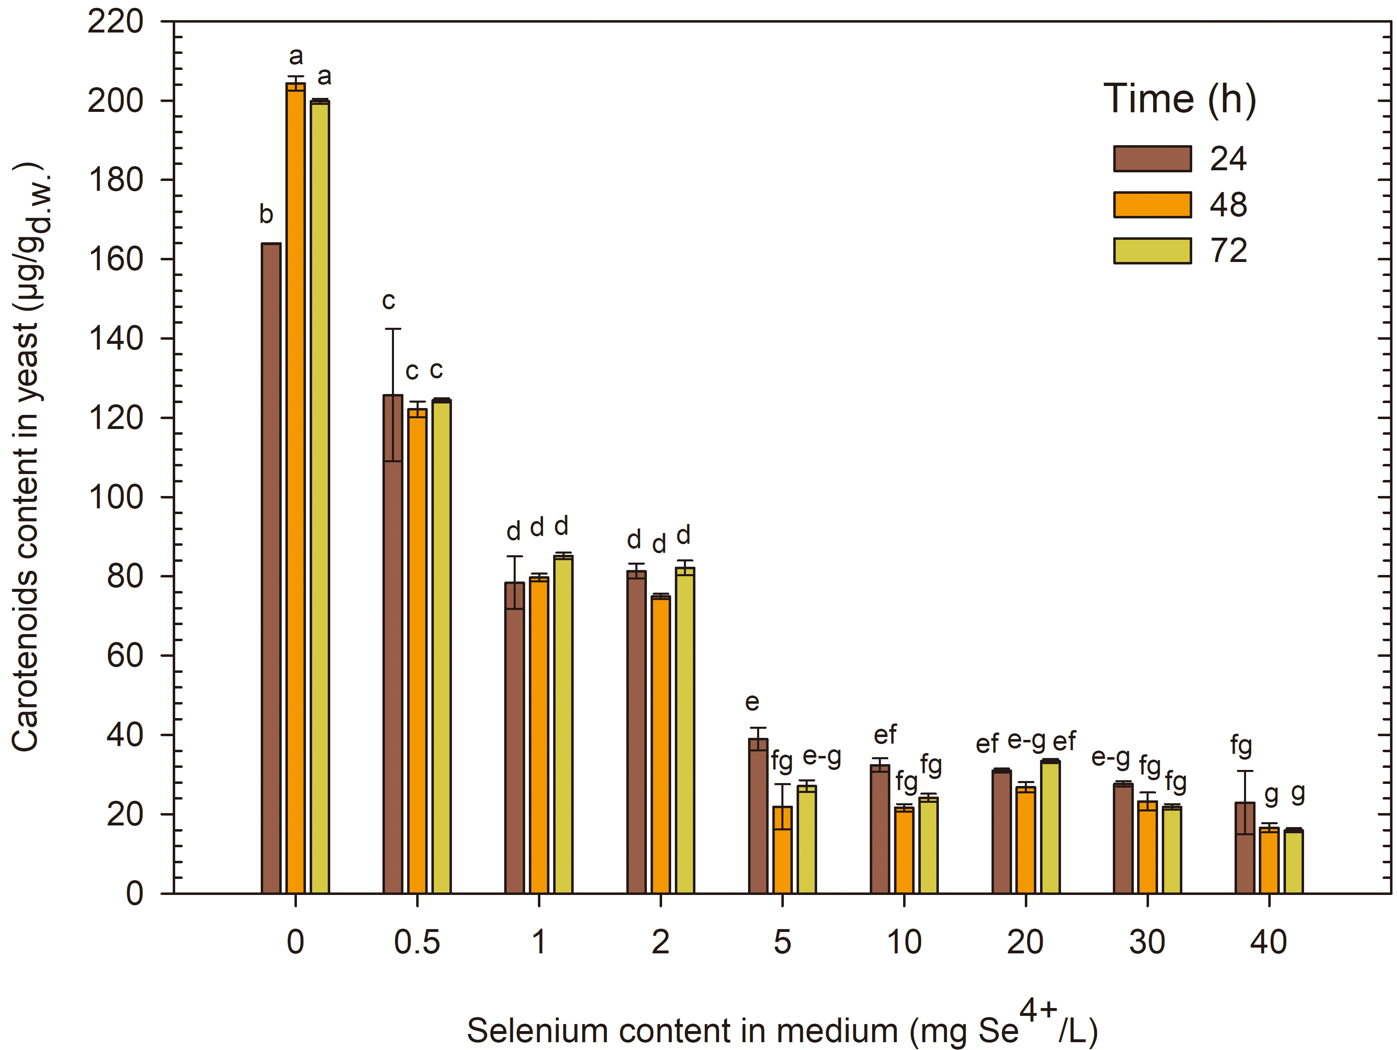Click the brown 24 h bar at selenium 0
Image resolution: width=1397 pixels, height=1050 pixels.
click(271, 568)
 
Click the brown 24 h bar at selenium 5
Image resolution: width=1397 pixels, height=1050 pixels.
click(758, 816)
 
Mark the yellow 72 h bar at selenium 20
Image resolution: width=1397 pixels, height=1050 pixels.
click(1050, 827)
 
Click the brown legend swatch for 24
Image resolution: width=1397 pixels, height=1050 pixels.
click(1152, 159)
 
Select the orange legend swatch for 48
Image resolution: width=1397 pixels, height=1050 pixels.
click(1152, 205)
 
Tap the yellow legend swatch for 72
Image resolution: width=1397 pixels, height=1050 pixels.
click(1152, 251)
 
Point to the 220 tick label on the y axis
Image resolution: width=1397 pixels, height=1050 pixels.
click(116, 23)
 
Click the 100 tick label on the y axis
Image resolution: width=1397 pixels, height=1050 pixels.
click(116, 497)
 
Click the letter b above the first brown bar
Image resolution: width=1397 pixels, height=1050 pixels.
click(266, 214)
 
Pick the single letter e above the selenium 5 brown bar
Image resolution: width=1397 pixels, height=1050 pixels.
click(752, 702)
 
